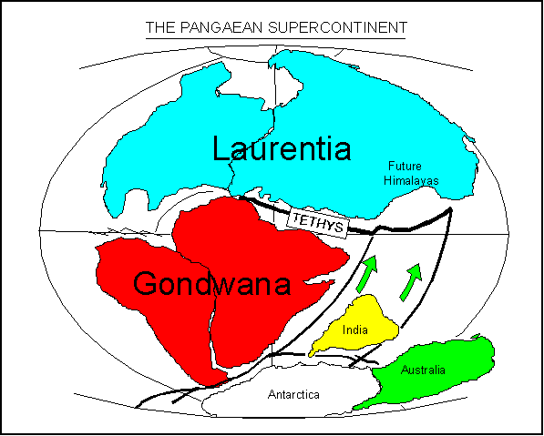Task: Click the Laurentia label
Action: coord(281,148)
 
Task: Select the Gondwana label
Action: coord(211,285)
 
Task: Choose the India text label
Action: coord(355,330)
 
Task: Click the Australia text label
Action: coord(424,370)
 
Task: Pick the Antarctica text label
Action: coord(294,395)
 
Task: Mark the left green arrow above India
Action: coord(366,272)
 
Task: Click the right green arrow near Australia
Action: coord(413,278)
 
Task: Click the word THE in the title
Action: coord(159,27)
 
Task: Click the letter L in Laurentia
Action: coord(221,148)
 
